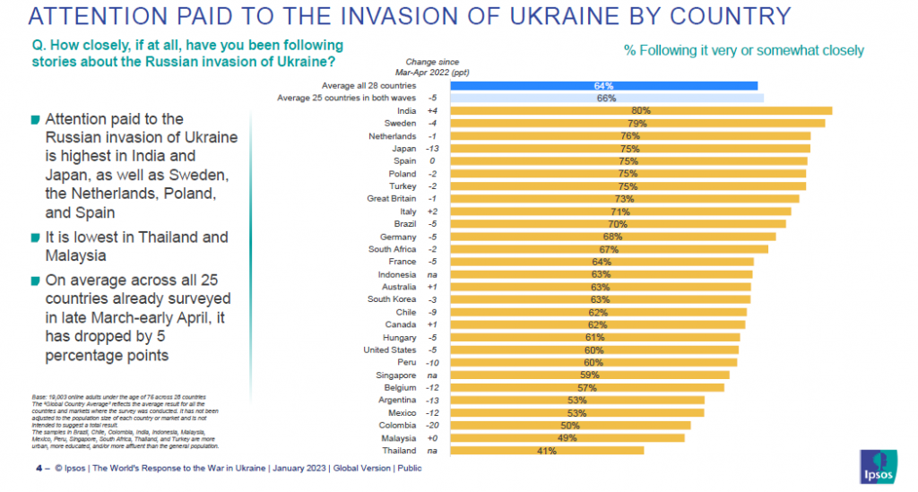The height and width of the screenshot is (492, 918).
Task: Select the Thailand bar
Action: (x=546, y=451)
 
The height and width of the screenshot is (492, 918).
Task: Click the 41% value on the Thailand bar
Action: (x=547, y=451)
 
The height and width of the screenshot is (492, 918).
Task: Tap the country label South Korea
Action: (x=393, y=299)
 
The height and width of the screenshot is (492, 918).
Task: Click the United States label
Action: (x=390, y=350)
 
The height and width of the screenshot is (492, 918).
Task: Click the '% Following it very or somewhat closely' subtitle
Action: (x=743, y=50)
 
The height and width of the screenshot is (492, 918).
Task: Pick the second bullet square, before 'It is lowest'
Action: (x=35, y=238)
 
